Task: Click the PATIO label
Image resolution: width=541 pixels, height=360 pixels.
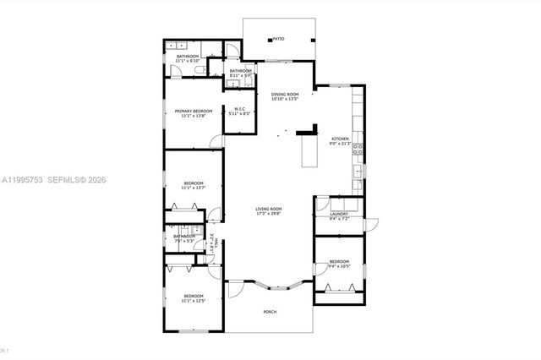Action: pos(278,39)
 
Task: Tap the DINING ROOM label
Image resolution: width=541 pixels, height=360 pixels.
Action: pos(286,94)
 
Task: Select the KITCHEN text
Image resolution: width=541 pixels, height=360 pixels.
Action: pos(340,139)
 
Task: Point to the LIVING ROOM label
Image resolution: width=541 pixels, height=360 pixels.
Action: pos(270,209)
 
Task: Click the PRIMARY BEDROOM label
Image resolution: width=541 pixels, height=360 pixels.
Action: pos(193,111)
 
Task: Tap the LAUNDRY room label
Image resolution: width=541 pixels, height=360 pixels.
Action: pos(339,215)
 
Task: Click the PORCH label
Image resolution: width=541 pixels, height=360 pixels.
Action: pos(270,312)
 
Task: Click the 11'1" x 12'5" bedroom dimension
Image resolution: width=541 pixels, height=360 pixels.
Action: pos(194,301)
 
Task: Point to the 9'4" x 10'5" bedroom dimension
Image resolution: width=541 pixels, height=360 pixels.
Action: pos(339,266)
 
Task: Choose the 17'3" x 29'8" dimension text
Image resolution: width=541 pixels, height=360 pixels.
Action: pos(270,214)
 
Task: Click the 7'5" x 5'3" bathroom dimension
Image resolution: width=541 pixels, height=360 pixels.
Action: pos(185,241)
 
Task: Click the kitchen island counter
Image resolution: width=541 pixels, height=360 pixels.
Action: pos(309,152)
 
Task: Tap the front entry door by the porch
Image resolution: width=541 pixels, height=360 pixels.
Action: pos(234,289)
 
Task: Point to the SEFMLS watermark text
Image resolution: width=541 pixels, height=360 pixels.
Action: pos(74,180)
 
